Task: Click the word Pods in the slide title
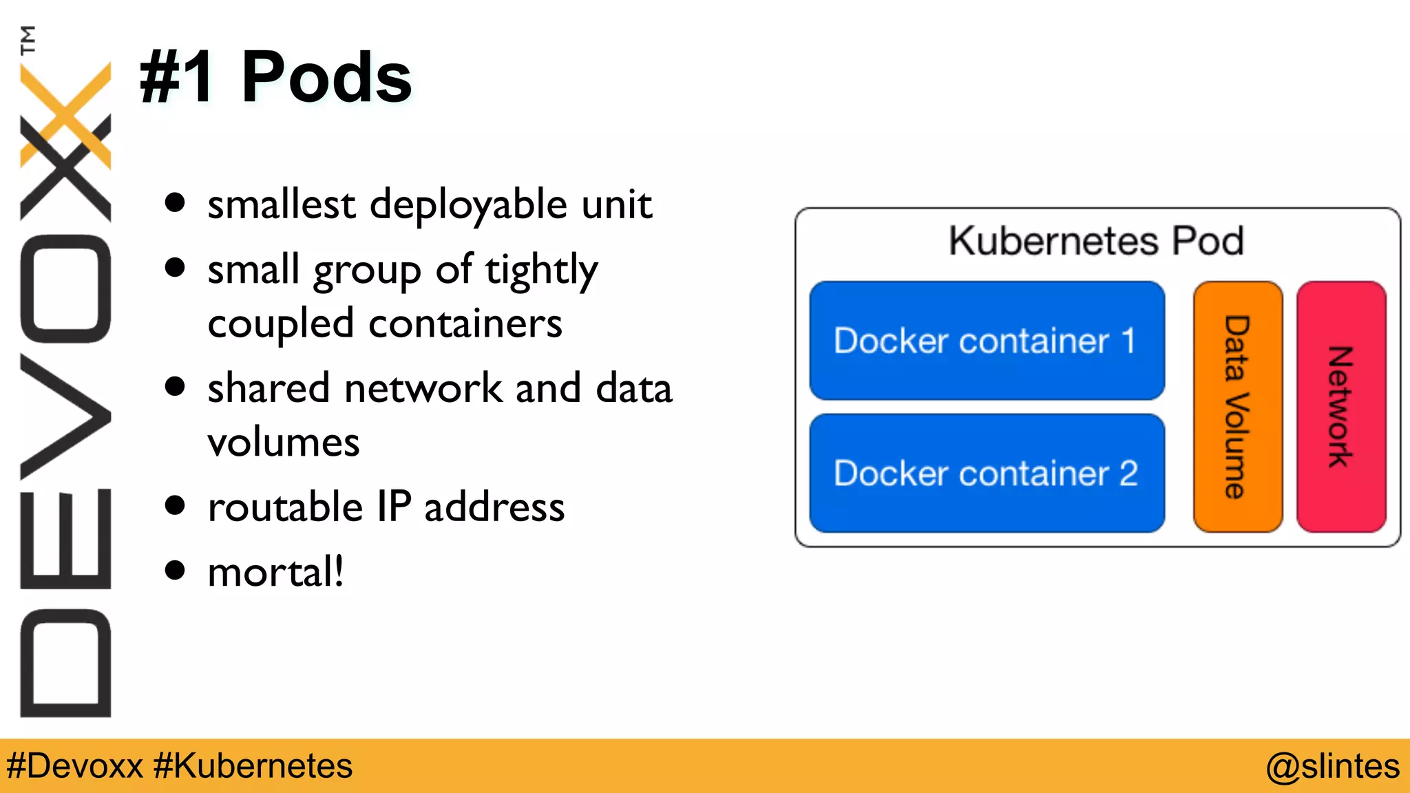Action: tap(326, 77)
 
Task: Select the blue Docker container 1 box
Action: tap(987, 340)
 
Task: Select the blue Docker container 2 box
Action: tap(987, 473)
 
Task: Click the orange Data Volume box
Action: tap(1237, 406)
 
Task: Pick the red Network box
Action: tap(1340, 406)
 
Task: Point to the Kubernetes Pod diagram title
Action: tap(1096, 241)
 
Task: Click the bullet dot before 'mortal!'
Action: tap(176, 571)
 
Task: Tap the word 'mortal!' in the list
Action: tap(275, 572)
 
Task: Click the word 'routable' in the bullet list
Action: tap(285, 507)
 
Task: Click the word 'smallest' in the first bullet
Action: tap(281, 204)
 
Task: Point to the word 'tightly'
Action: tap(541, 270)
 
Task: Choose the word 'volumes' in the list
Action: tap(284, 442)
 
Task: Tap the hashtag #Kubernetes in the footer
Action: tap(253, 766)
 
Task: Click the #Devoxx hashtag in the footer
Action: tap(74, 766)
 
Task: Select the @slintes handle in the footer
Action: tap(1332, 766)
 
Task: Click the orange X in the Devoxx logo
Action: tap(65, 114)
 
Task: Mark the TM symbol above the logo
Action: tap(28, 40)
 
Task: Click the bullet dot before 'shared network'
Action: tap(176, 387)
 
